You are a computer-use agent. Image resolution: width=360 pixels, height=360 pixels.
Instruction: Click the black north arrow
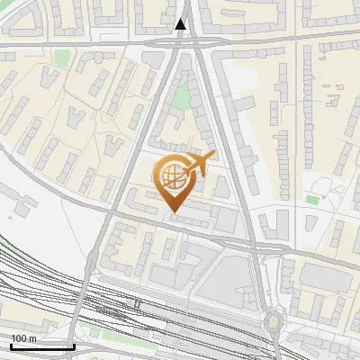[x=182, y=25]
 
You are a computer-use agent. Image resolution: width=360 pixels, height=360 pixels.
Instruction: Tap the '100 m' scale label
[x=23, y=338]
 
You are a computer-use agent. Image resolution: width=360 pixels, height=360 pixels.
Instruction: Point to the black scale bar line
[x=41, y=346]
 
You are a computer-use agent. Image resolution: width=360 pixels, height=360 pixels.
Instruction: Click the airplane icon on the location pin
[x=197, y=164]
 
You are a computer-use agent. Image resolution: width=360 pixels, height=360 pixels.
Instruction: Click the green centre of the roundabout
[x=273, y=321]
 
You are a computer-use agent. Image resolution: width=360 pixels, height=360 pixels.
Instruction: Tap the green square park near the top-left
[x=61, y=58]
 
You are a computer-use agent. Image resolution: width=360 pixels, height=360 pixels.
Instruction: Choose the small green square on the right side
[x=312, y=199]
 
